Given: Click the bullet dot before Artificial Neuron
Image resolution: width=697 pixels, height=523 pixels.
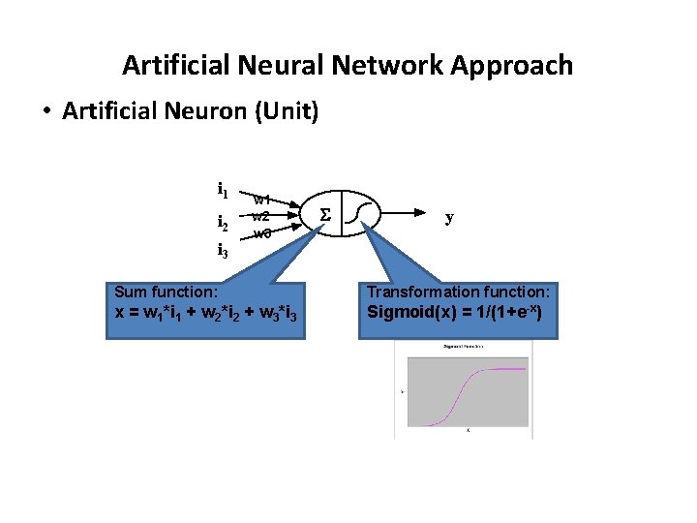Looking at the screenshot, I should (x=46, y=111).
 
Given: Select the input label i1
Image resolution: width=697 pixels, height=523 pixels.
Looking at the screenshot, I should (x=223, y=189).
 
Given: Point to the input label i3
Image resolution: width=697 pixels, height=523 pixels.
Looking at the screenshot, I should (x=223, y=252).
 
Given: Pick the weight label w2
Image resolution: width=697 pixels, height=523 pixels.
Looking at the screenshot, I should (x=260, y=216).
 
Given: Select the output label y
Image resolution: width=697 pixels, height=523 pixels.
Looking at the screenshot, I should (x=448, y=217).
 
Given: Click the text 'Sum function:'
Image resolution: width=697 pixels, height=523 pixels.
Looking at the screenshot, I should (x=166, y=292).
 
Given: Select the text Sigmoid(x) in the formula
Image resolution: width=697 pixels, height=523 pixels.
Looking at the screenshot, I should (x=408, y=312).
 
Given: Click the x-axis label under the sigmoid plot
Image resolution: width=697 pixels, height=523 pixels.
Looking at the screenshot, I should (x=468, y=431).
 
